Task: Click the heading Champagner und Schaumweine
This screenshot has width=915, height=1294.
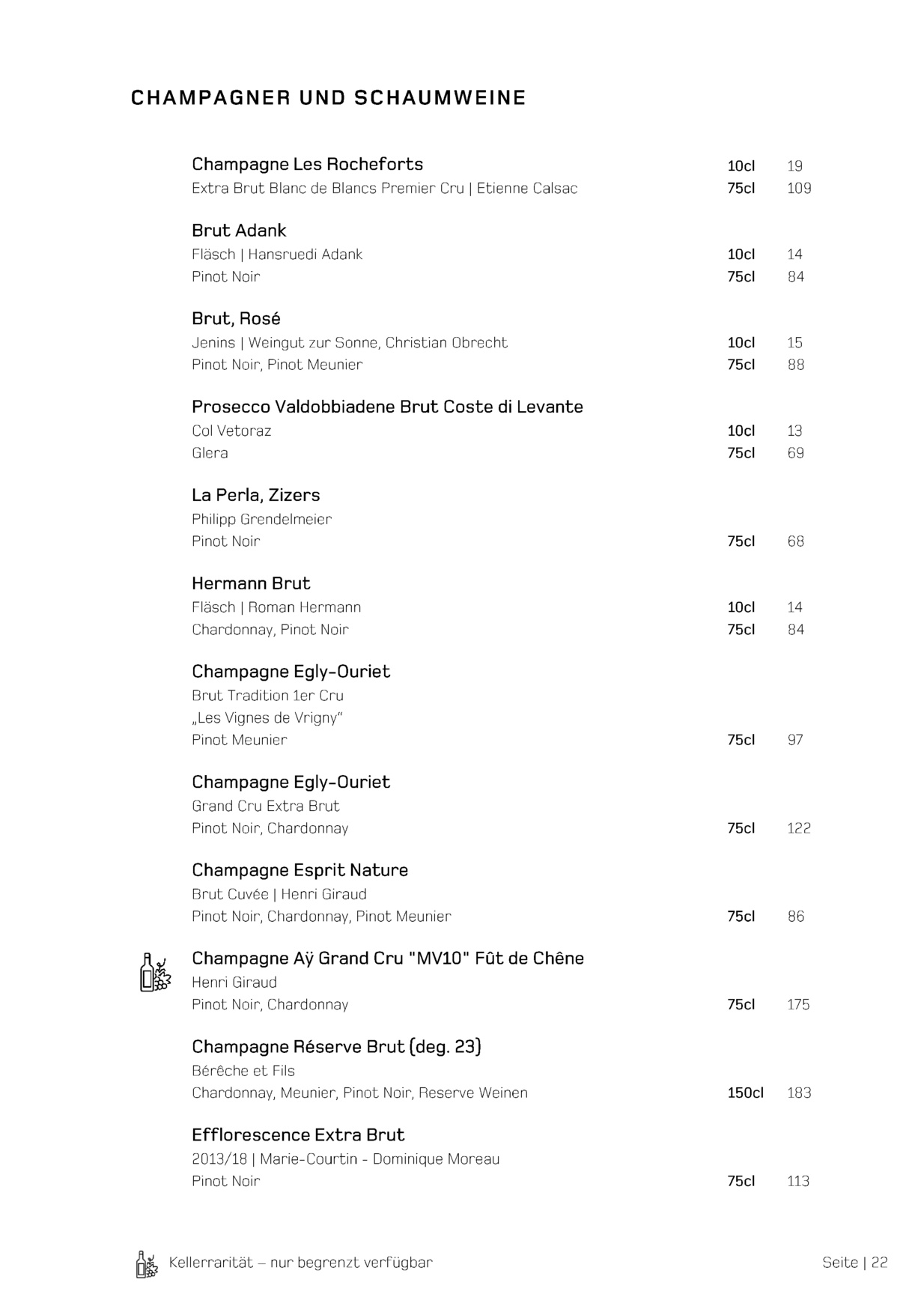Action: coord(328,98)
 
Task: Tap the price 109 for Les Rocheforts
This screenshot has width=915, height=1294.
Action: coord(799,189)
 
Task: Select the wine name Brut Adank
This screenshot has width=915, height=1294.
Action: coord(239,231)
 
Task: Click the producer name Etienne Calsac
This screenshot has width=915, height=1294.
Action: coord(527,189)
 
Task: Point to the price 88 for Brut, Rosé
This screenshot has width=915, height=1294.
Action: coord(795,365)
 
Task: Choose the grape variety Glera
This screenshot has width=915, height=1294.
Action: coord(210,453)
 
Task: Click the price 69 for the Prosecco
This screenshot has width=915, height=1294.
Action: coord(795,453)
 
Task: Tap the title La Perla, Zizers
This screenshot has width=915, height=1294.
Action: coord(255,495)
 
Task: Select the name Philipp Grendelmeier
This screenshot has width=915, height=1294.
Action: coord(261,519)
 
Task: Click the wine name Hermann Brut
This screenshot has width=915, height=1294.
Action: coord(251,583)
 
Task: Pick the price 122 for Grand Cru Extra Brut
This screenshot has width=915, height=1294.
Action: coord(799,828)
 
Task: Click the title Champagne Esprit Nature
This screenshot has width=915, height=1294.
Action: coord(300,870)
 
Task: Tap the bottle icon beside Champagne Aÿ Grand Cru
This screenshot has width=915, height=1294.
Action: coord(155,973)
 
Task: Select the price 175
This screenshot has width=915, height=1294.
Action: coord(798,1005)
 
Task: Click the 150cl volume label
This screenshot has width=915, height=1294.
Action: coord(745,1093)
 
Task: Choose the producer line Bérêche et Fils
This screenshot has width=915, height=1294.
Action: coord(243,1071)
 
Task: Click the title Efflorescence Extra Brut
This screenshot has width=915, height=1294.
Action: coord(298,1135)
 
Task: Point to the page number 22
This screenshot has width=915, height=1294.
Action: coord(879,1263)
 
